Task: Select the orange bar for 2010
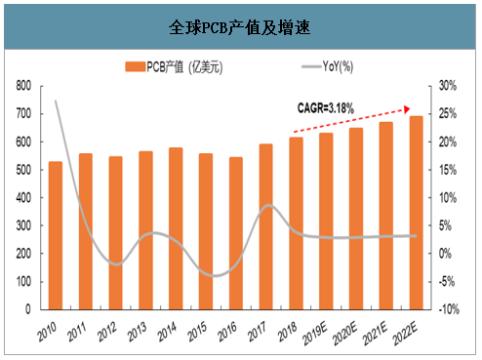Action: [56, 234]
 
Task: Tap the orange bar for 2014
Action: [175, 227]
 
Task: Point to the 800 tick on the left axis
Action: [24, 86]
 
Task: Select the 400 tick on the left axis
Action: [24, 197]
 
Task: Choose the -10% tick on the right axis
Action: [449, 308]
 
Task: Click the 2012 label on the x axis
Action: [107, 329]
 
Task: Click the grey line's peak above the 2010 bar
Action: [56, 100]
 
